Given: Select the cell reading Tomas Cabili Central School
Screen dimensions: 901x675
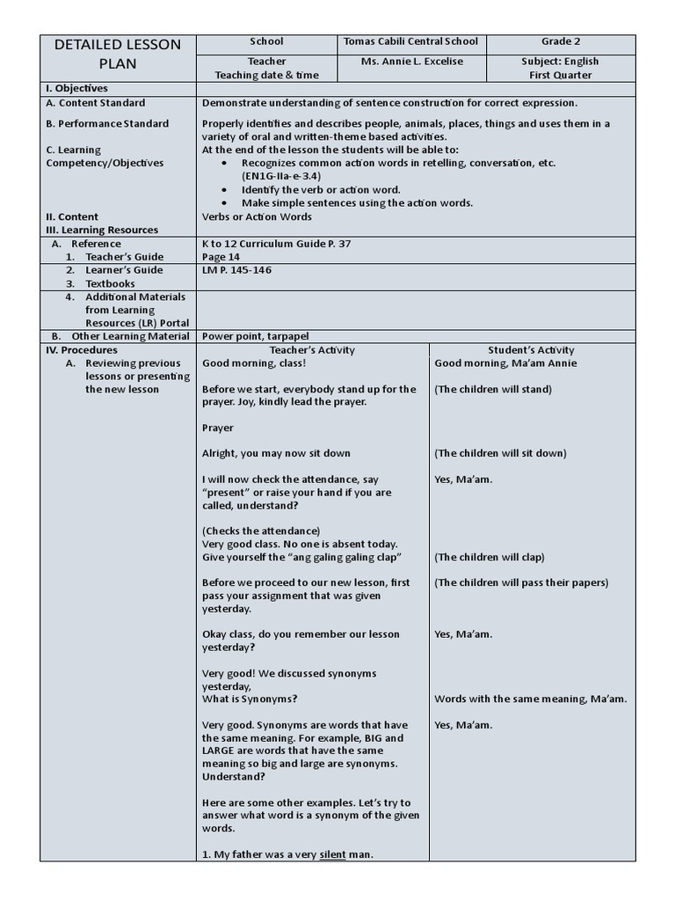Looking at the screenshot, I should click(x=411, y=41).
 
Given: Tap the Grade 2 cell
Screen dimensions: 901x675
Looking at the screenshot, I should click(x=561, y=41).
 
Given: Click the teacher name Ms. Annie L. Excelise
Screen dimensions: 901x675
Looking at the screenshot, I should click(x=411, y=62).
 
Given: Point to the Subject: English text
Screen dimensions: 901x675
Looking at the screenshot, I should click(x=561, y=62).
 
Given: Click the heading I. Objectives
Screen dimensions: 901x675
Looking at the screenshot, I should click(x=76, y=89).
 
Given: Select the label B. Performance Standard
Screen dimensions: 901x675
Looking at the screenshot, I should click(x=107, y=124).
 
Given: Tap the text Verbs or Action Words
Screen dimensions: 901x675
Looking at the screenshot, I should click(x=257, y=216).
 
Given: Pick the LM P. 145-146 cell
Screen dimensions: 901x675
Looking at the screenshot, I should click(x=236, y=270).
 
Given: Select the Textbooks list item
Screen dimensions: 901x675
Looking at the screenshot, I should click(x=110, y=284).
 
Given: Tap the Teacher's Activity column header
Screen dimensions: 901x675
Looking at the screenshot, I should click(x=312, y=350).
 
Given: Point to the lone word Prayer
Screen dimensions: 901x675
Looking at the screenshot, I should click(x=218, y=428).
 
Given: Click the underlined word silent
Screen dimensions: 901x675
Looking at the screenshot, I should click(x=333, y=854).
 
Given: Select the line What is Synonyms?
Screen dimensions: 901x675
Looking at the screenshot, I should click(x=250, y=699).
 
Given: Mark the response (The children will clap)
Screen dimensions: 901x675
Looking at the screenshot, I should click(x=490, y=557).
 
